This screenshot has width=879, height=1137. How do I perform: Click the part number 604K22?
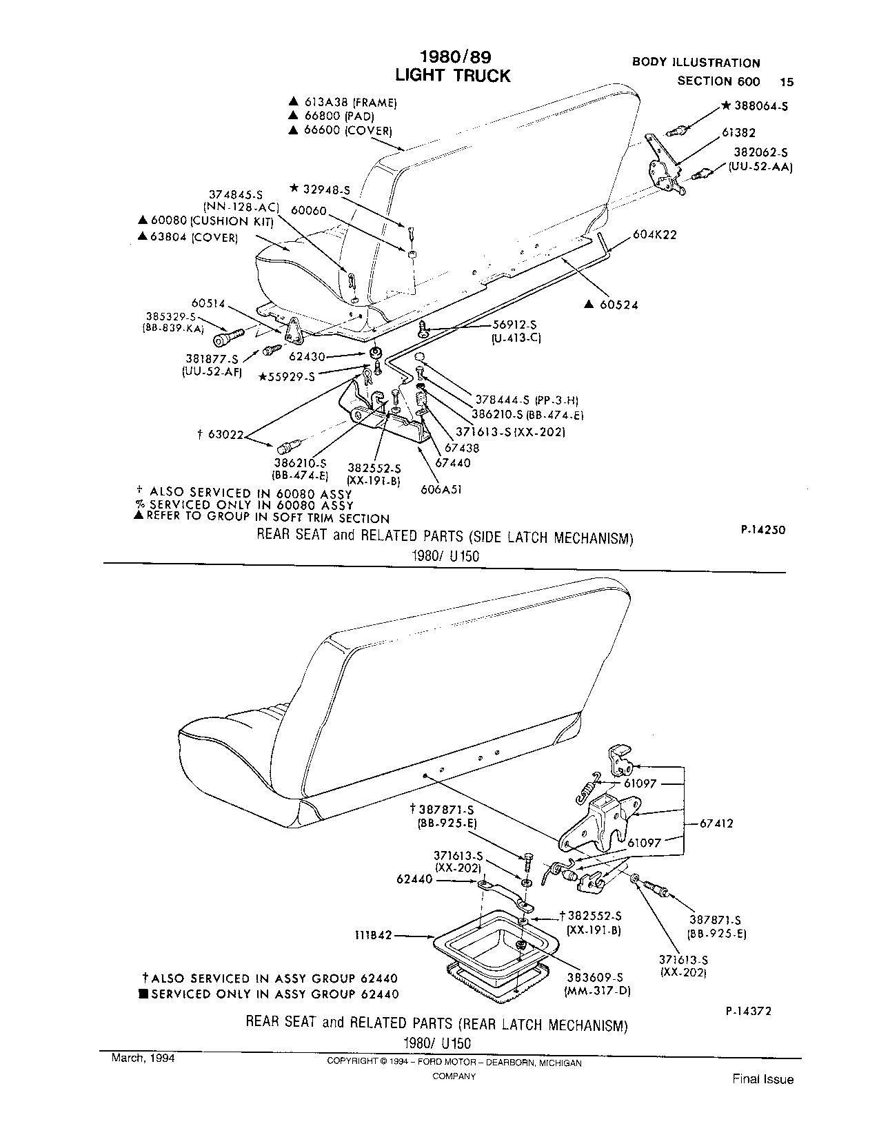coord(655,234)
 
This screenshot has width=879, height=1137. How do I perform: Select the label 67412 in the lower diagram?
coord(716,823)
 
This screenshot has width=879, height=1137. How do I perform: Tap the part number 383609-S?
coord(594,977)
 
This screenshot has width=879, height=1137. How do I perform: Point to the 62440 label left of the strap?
coord(415,879)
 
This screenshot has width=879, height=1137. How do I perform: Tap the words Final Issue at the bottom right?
coord(762,1080)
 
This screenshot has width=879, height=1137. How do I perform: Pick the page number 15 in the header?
coord(786,81)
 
